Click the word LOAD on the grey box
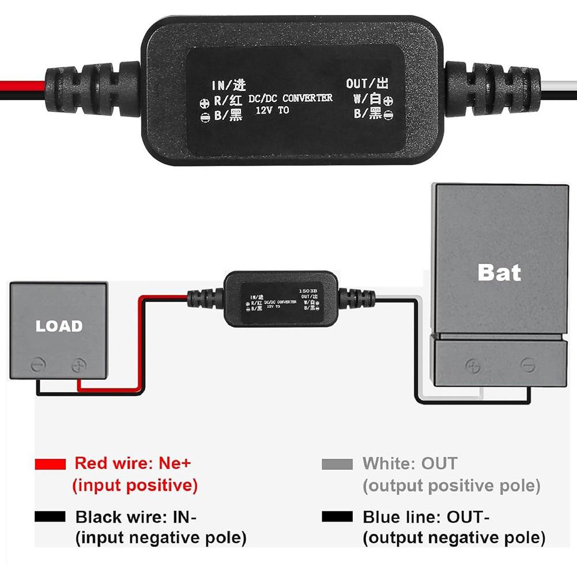click(59, 326)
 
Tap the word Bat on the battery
click(499, 272)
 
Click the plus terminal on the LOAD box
click(78, 365)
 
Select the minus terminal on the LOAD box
click(37, 365)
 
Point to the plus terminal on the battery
click(473, 365)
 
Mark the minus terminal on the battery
click(527, 365)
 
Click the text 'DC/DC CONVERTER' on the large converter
click(291, 99)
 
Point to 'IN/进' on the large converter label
click(229, 85)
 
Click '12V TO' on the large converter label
click(271, 110)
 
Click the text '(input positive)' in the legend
click(135, 486)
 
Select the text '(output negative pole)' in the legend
click(454, 539)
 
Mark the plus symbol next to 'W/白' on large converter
click(388, 100)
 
